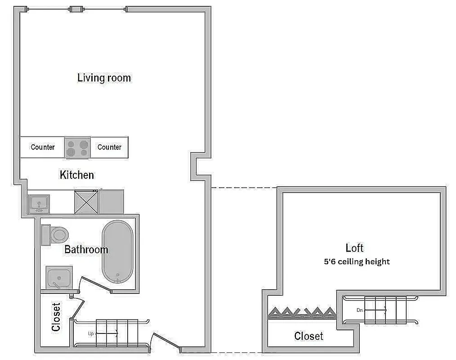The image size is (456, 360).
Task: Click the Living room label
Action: (104, 78)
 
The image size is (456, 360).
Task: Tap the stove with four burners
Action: (77, 148)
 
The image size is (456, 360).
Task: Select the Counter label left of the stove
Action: (43, 147)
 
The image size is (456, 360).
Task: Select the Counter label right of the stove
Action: (109, 147)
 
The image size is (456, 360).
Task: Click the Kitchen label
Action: (77, 175)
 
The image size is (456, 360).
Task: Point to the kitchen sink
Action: (39, 204)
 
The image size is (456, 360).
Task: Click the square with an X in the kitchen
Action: (86, 202)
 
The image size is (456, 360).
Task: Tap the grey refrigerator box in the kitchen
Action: (111, 202)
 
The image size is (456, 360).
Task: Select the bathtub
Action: (117, 251)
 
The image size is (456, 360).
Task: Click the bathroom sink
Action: (59, 277)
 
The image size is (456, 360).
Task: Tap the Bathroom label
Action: (86, 249)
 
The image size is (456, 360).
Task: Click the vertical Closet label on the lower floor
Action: (56, 317)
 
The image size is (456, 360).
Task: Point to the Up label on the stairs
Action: (90, 334)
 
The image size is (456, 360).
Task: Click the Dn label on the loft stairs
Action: (359, 310)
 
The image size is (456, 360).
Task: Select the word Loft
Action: (354, 248)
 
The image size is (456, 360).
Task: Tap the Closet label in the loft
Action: (308, 336)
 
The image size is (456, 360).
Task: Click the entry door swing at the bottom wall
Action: (165, 342)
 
